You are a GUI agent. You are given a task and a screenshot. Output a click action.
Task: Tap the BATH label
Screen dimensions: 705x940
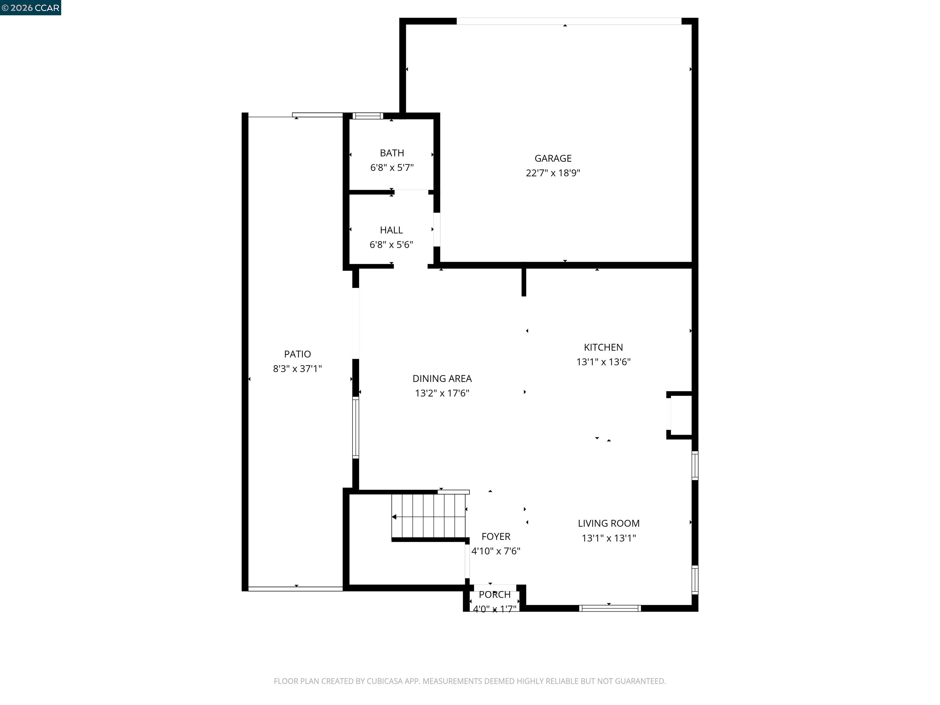pos(392,153)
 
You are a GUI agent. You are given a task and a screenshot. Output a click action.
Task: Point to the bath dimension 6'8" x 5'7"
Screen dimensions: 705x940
pos(392,167)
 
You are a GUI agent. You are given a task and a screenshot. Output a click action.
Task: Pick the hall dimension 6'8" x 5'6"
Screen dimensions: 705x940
pos(391,245)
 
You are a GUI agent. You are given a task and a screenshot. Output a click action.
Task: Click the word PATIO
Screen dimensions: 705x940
pos(297,354)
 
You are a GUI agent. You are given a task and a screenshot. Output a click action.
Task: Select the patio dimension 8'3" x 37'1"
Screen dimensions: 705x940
pos(297,369)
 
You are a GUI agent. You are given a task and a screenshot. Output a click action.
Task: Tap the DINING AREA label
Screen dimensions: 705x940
pos(442,379)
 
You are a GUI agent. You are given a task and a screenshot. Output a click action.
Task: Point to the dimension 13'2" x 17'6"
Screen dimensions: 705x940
pos(442,393)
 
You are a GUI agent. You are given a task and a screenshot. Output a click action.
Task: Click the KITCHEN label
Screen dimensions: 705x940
pos(603,348)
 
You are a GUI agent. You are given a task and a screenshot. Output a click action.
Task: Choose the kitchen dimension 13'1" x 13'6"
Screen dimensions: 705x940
pos(603,362)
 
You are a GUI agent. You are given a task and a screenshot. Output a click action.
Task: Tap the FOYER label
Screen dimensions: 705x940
pos(495,537)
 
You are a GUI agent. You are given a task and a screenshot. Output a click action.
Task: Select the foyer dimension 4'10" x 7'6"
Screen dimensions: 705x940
pos(495,551)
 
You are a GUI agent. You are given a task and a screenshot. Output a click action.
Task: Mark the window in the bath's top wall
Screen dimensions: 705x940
pos(367,116)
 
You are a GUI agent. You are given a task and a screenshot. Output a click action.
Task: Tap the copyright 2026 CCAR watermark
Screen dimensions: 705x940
pos(31,8)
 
